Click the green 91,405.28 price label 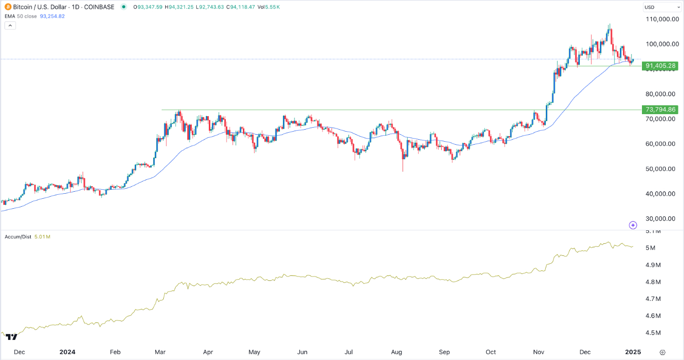[661, 66]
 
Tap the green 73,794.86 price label [661, 110]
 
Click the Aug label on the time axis [397, 352]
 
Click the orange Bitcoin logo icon [7, 7]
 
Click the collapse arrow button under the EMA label [11, 25]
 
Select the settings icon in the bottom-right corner [662, 352]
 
